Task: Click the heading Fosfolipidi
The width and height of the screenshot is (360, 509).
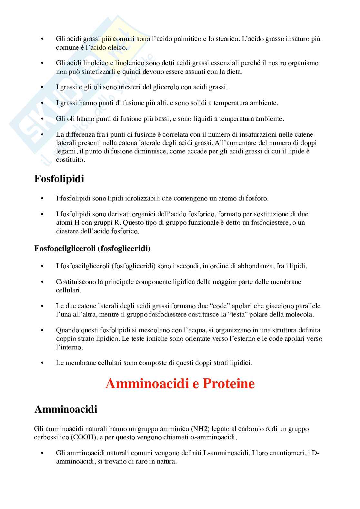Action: pos(59,179)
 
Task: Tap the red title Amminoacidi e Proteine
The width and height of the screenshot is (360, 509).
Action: pos(180,384)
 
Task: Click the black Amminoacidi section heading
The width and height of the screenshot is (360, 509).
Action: pos(65,409)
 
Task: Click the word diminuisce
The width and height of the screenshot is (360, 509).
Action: pos(156,151)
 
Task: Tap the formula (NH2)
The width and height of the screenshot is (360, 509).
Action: pos(202,429)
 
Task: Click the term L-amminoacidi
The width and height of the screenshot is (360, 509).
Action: pos(226,453)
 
